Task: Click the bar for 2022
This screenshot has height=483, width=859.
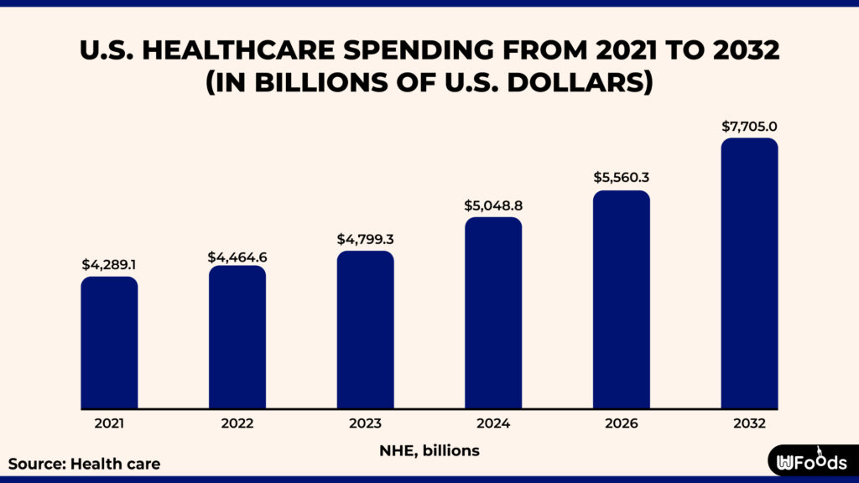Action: point(237,337)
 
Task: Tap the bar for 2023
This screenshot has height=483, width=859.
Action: point(366,330)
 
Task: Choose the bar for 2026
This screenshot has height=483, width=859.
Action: point(622,299)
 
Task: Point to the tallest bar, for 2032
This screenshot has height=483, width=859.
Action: point(749,273)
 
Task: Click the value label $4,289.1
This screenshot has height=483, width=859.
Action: point(110,264)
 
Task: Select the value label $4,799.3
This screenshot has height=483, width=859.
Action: point(366,239)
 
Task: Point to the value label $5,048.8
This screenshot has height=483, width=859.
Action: point(493,205)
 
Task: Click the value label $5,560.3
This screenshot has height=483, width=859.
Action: point(622,178)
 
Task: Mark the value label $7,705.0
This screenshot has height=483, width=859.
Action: point(749,127)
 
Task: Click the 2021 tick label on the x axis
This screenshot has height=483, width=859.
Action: point(109,424)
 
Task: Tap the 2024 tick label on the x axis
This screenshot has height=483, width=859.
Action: point(493,424)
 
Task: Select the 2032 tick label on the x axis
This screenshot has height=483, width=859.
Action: point(749,424)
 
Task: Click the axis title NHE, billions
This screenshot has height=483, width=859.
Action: point(429,451)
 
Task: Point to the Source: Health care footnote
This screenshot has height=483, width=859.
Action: point(84,463)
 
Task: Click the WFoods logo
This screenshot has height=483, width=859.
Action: point(811,461)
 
